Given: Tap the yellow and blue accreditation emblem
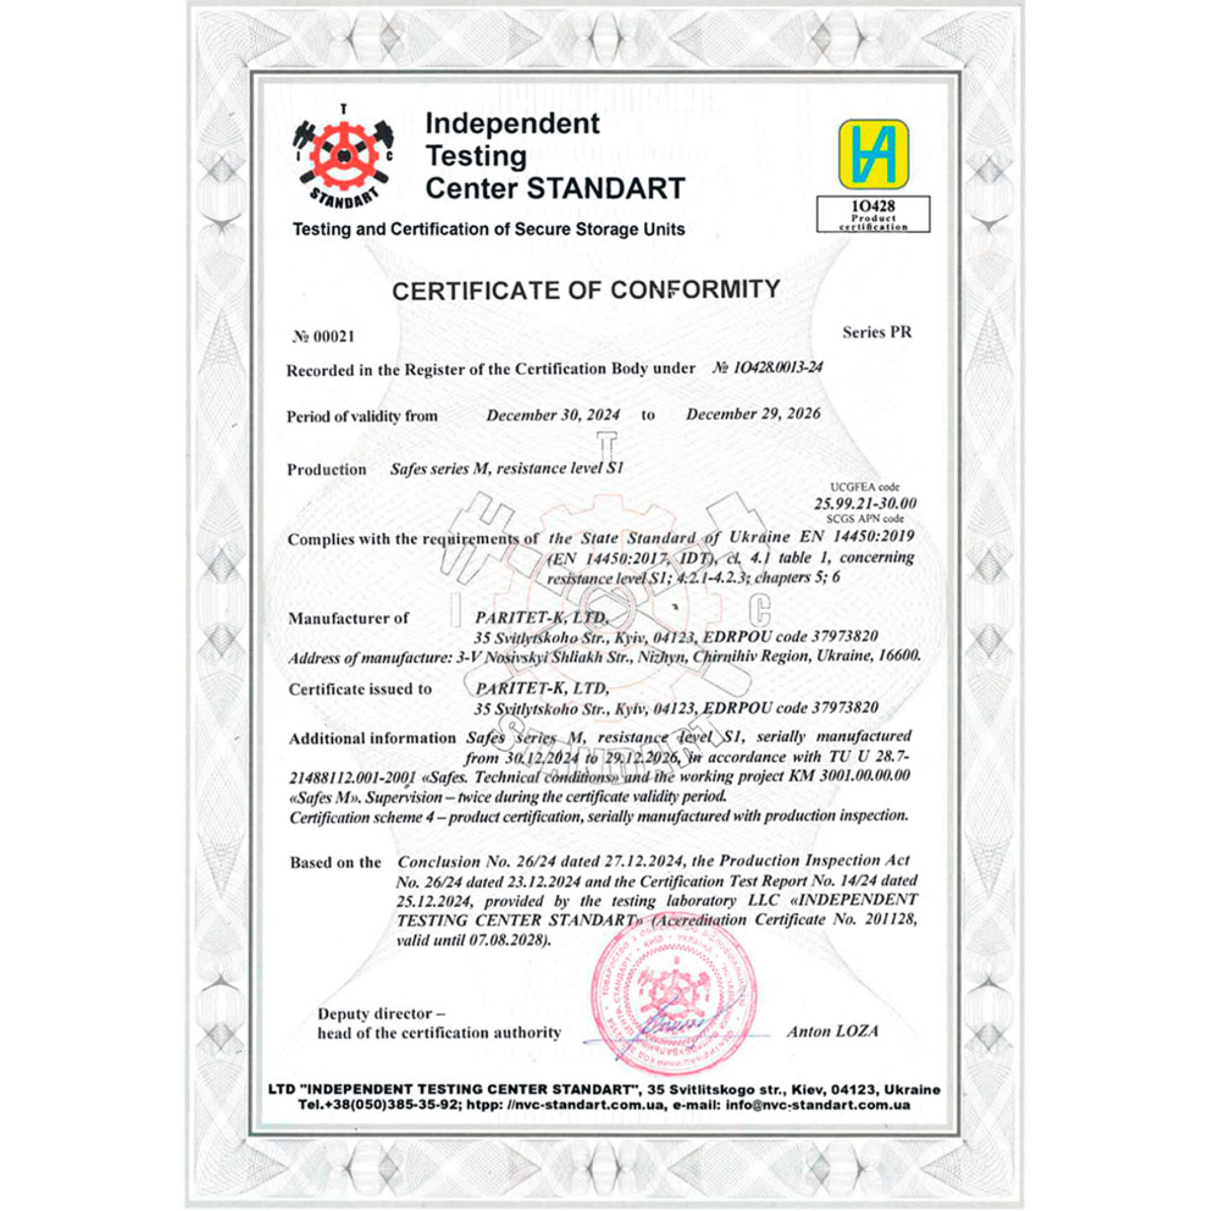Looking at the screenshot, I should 874,154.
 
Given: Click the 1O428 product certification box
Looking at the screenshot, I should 873,214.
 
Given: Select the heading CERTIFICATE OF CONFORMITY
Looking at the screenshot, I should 586,289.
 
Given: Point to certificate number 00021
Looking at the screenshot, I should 324,337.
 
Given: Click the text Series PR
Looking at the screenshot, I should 877,332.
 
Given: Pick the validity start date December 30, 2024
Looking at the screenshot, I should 553,415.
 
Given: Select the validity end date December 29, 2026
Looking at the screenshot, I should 753,414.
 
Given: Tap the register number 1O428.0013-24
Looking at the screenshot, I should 767,368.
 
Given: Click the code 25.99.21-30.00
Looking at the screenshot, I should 865,503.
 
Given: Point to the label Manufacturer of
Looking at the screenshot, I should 348,619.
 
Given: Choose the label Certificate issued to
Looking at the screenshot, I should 360,690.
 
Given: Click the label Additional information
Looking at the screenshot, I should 372,738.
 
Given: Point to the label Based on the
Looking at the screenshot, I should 335,862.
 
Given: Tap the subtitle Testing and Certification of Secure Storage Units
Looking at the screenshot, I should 488,229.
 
